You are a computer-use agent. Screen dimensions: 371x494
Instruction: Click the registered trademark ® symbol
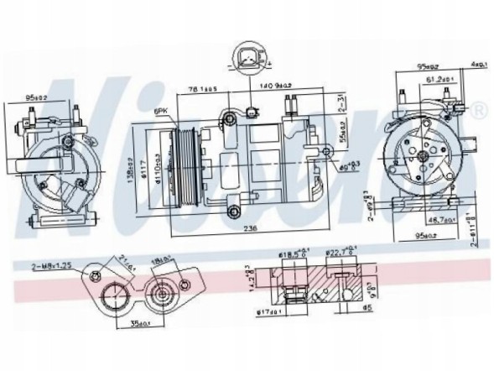click(x=478, y=111)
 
